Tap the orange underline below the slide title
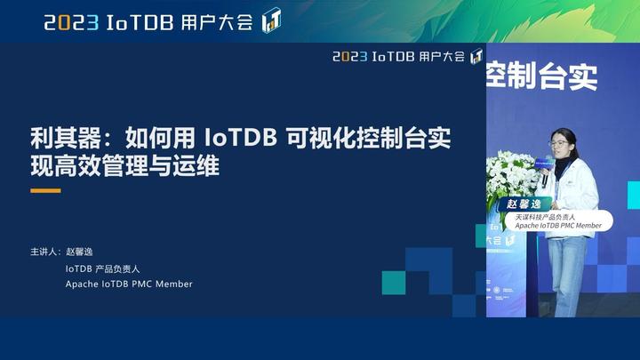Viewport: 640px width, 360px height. click(45, 190)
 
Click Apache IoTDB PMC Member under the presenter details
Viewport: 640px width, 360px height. click(129, 284)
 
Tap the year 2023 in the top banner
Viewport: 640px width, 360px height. click(71, 22)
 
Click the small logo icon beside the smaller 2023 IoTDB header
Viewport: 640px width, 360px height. click(476, 56)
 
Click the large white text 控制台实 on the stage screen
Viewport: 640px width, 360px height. click(543, 79)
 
